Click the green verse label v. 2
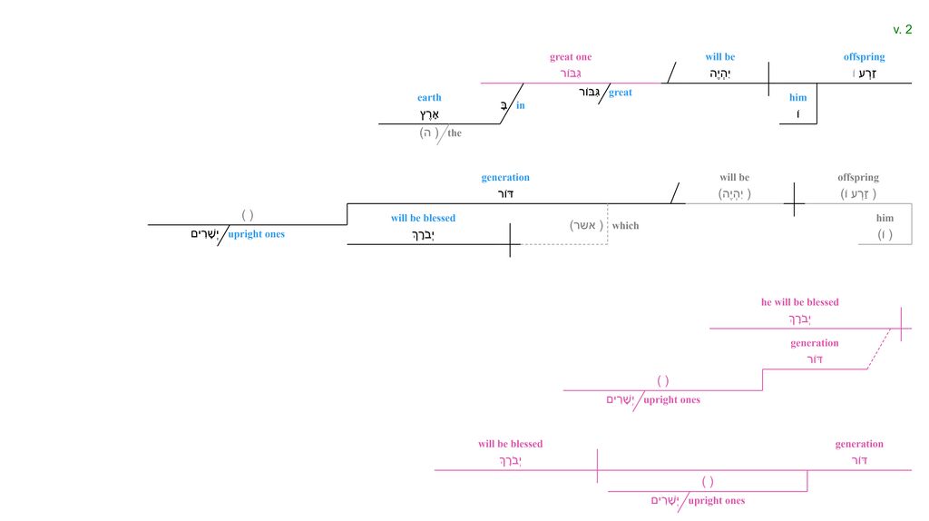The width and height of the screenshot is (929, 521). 902,30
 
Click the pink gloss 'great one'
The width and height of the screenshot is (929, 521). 571,57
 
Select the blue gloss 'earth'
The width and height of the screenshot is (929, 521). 429,98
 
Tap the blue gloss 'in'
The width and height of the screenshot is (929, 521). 521,106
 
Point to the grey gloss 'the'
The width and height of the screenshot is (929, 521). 455,133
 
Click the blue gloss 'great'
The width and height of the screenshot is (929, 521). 621,93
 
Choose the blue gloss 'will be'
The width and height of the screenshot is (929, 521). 720,57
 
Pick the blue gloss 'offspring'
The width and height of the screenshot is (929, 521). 864,57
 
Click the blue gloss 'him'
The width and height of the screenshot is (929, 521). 797,98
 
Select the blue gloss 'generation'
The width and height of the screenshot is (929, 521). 505,178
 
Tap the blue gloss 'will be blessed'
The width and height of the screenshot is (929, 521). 423,219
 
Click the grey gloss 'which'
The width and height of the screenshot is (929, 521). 625,226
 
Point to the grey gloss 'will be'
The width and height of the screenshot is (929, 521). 734,178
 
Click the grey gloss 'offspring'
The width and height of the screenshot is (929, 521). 858,178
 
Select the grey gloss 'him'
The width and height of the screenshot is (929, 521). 885,219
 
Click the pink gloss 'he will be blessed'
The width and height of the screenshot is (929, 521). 799,302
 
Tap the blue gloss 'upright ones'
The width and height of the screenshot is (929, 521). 256,234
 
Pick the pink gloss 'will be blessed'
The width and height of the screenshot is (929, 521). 510,444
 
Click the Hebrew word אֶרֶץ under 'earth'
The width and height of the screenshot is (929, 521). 429,114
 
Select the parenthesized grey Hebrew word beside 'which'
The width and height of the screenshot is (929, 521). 587,225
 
